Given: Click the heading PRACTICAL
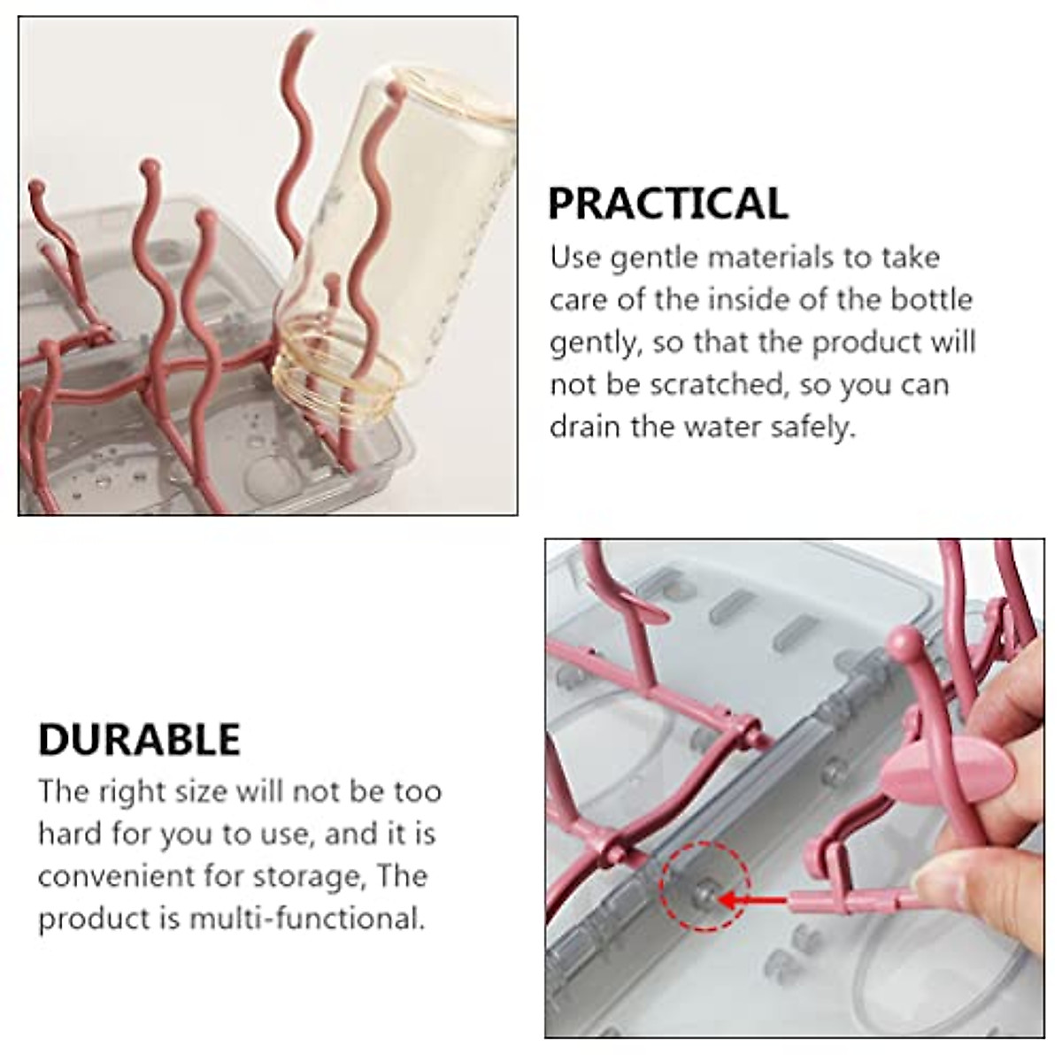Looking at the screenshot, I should [x=667, y=204].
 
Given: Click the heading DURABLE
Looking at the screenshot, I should [x=139, y=740].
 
